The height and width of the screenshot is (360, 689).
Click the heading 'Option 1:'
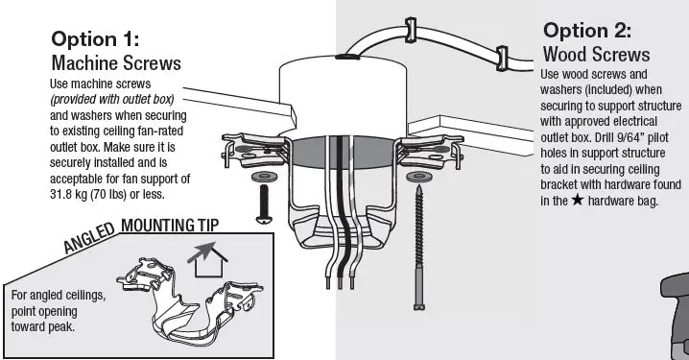point(95,40)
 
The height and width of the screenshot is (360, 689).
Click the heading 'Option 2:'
point(588,30)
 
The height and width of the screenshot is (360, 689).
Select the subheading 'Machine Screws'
point(116,63)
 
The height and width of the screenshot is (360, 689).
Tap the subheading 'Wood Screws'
point(596,54)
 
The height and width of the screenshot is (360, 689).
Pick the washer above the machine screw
point(264,178)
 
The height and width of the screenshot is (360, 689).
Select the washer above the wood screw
point(417,178)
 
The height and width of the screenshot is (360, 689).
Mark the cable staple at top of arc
point(411,31)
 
